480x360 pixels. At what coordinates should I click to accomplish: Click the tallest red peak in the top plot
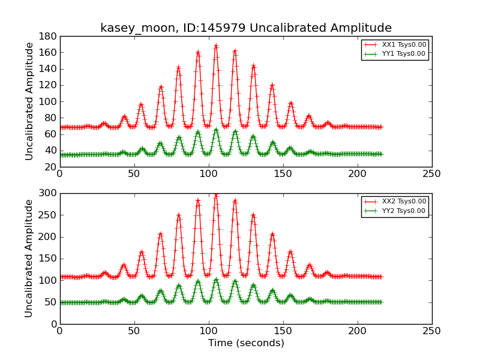pyautogui.click(x=216, y=46)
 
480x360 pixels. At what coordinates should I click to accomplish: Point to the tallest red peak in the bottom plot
pyautogui.click(x=216, y=194)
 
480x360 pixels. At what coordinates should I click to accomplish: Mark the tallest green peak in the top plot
pyautogui.click(x=216, y=129)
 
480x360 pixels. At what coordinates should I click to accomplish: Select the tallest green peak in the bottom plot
pyautogui.click(x=216, y=279)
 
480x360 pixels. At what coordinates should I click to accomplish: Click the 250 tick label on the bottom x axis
pyautogui.click(x=431, y=329)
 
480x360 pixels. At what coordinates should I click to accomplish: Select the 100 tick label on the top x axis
pyautogui.click(x=208, y=173)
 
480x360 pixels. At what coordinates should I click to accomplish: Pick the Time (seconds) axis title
pyautogui.click(x=246, y=343)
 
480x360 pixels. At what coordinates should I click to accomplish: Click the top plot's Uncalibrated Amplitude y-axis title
pyautogui.click(x=29, y=101)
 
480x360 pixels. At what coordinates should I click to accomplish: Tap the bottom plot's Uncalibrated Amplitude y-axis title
pyautogui.click(x=29, y=259)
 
